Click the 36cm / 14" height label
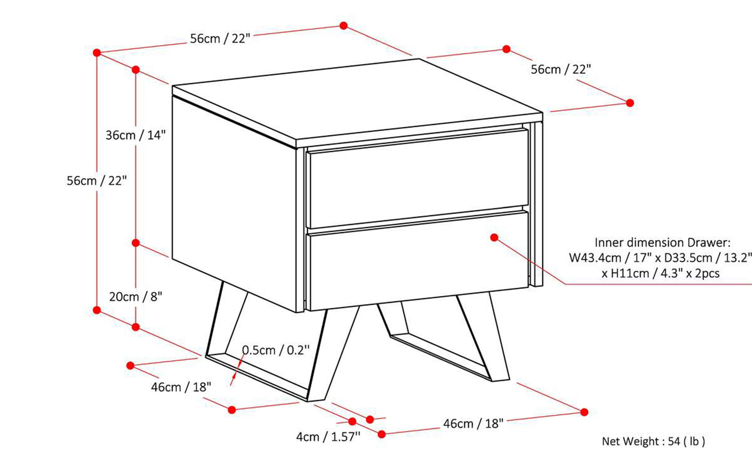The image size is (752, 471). tap(136, 135)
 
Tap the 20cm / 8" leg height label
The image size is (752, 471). tap(136, 297)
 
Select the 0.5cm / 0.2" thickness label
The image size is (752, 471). tap(276, 350)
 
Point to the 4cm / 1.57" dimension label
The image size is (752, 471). tap(328, 437)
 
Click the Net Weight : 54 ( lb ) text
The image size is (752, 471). tap(653, 441)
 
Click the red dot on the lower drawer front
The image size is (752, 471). tap(494, 238)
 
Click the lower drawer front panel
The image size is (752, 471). tap(418, 260)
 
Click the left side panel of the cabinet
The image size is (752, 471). tap(234, 205)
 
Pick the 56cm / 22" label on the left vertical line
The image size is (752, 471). tap(97, 181)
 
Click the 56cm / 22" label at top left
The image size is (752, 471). tap(220, 39)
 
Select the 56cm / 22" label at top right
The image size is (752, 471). tap(560, 70)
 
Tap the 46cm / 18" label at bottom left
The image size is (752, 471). tap(181, 387)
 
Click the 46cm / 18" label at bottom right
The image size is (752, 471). tap(474, 424)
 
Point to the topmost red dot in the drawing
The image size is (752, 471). tap(343, 26)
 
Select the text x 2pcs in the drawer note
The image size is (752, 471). tap(703, 273)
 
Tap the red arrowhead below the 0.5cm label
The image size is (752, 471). tap(233, 379)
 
